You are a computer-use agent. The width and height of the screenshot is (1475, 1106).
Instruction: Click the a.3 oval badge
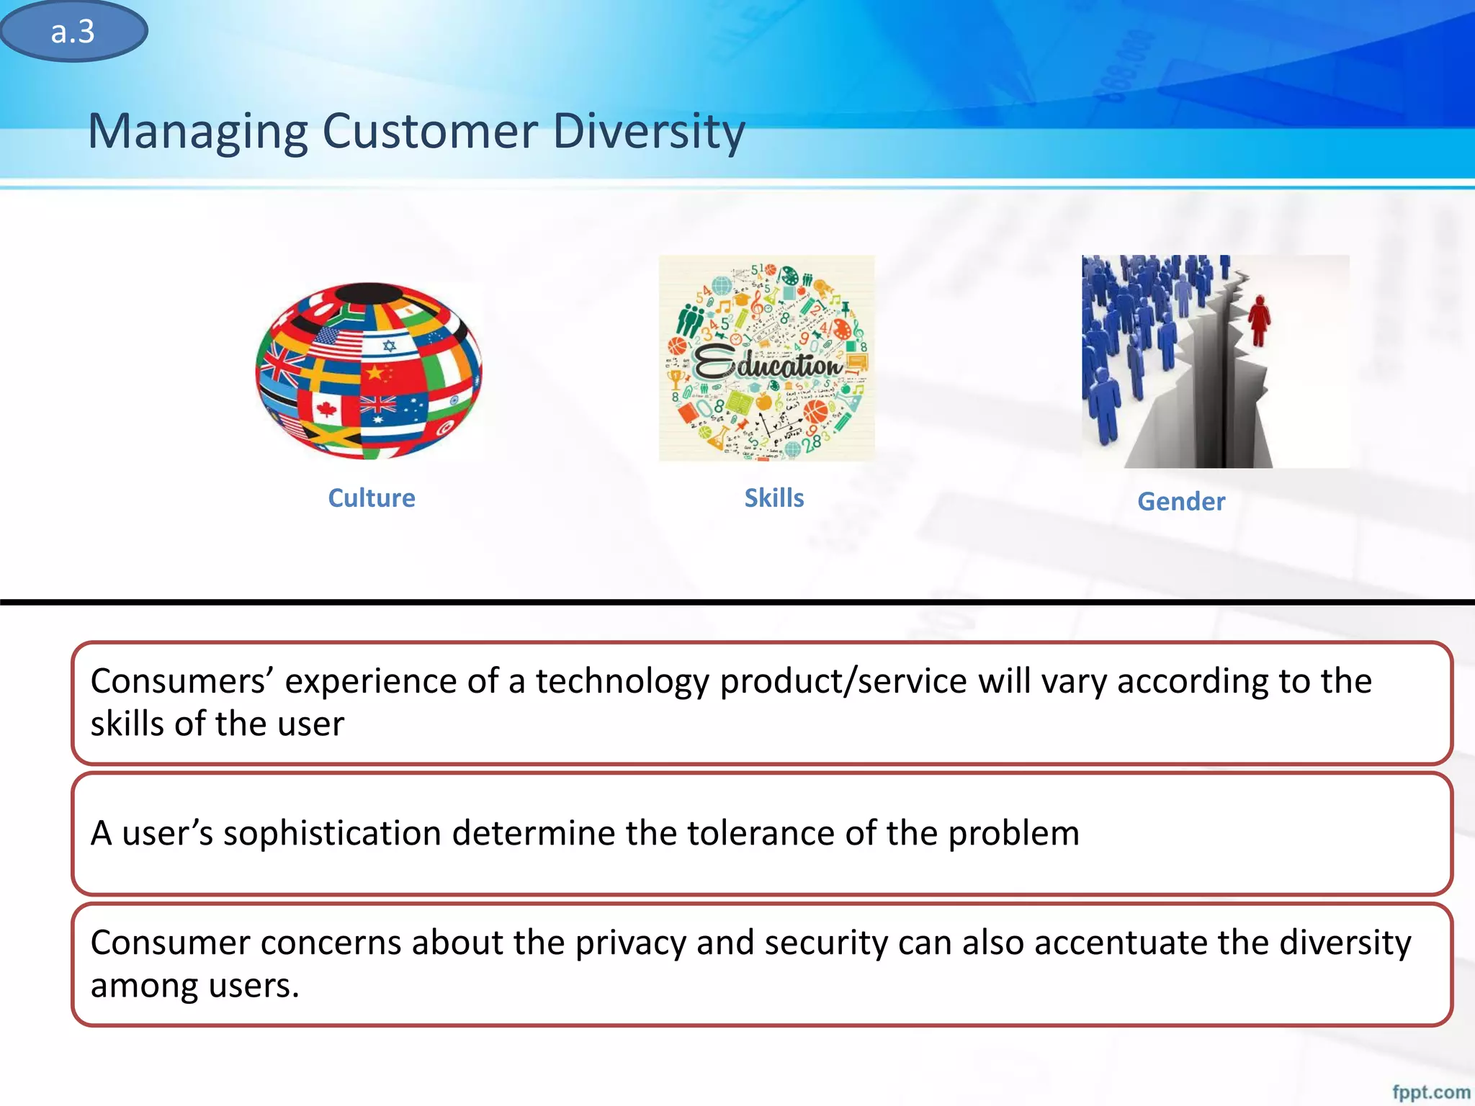click(73, 32)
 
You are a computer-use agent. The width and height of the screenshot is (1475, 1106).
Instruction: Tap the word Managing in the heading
click(198, 132)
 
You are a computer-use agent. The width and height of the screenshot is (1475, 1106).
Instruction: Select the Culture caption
click(372, 498)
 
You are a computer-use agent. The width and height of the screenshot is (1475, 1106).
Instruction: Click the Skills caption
click(774, 498)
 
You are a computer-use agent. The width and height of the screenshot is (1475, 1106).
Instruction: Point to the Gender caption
click(1181, 502)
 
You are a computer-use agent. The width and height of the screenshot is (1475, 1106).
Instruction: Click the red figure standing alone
click(1259, 321)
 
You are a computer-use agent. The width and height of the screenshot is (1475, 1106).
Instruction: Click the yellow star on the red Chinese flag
click(375, 373)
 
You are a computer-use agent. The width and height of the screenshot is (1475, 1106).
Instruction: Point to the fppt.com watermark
click(1430, 1092)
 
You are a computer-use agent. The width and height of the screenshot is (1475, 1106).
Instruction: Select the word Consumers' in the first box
click(181, 681)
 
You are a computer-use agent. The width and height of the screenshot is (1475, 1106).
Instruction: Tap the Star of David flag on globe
click(390, 346)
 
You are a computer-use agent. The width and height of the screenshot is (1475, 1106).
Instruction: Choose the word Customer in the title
click(430, 132)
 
